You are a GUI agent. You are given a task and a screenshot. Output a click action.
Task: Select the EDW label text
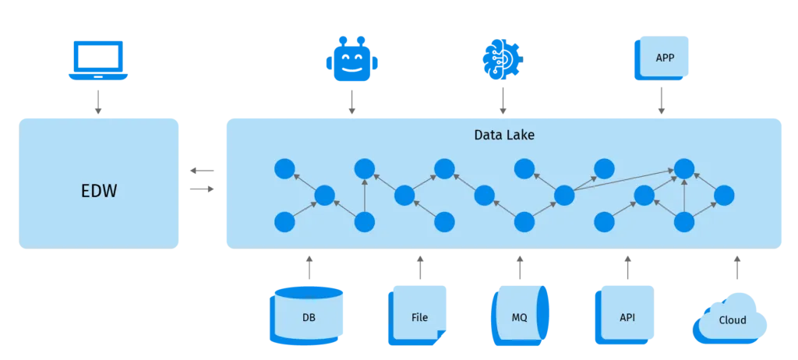(99, 190)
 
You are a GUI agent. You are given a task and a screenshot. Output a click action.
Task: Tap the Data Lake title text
(504, 135)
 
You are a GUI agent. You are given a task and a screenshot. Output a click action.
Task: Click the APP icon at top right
(663, 57)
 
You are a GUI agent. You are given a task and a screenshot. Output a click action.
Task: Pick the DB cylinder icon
(309, 316)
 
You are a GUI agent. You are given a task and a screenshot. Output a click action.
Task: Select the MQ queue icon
(520, 316)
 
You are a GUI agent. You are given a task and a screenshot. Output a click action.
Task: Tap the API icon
(627, 316)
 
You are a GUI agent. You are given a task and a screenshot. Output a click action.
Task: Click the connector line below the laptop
(97, 102)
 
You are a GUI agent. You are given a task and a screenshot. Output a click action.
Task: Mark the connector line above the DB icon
(309, 269)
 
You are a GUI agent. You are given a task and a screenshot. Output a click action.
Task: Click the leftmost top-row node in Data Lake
(284, 168)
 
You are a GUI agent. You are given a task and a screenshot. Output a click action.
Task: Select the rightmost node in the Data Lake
(724, 195)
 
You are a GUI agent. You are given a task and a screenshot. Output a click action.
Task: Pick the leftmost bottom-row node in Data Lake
(284, 222)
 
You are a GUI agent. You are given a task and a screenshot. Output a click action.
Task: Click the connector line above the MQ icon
(519, 269)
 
